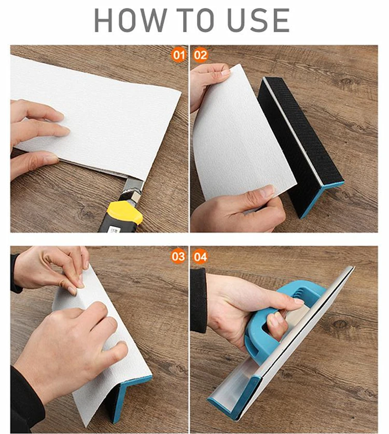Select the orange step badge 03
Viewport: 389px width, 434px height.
178,256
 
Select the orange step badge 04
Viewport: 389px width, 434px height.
201,256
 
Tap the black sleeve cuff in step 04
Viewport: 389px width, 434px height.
198,301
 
